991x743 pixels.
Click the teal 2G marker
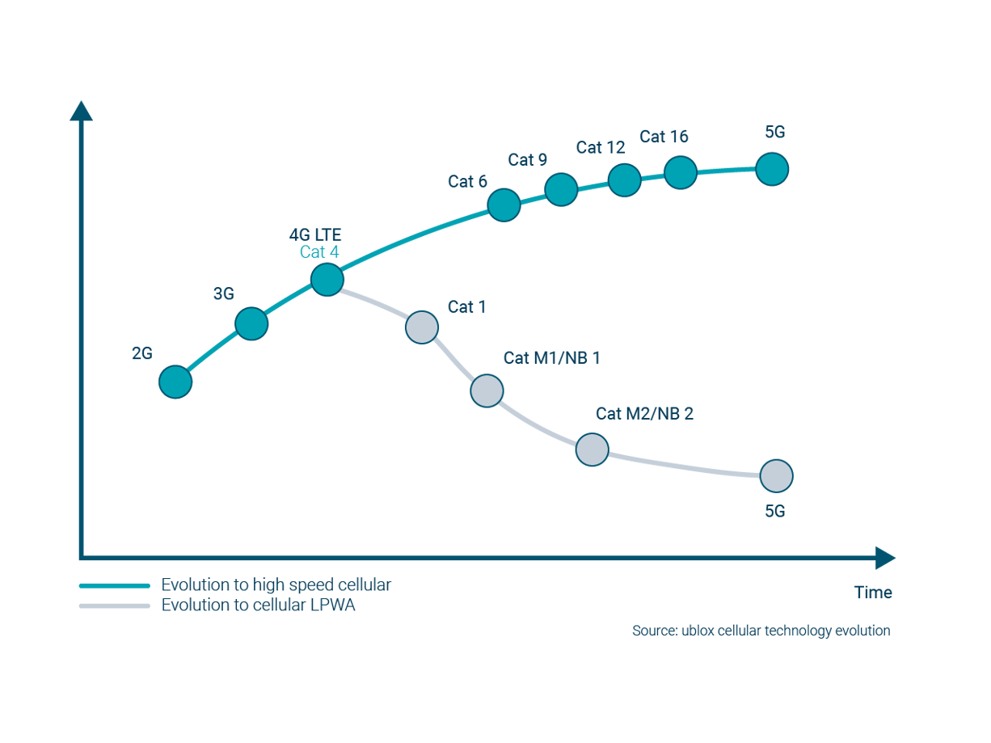click(x=175, y=382)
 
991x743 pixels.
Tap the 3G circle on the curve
click(x=251, y=324)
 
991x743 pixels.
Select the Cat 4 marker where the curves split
click(x=327, y=280)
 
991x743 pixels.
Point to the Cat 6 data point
click(x=504, y=205)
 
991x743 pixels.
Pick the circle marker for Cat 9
click(x=561, y=189)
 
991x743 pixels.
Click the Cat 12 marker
click(x=624, y=179)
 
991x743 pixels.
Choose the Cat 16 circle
click(x=681, y=172)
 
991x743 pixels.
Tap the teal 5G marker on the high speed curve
click(x=772, y=169)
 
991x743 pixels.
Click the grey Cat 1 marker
click(x=422, y=327)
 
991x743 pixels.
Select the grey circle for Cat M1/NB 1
click(x=487, y=390)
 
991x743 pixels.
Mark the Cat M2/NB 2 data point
click(x=592, y=449)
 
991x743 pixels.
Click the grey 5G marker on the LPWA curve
click(x=776, y=476)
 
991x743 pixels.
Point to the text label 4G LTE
click(x=316, y=235)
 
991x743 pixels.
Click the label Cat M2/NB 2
click(x=644, y=414)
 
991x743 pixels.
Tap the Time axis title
click(x=873, y=593)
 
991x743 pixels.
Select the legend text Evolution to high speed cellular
click(x=276, y=585)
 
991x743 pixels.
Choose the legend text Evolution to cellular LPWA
click(x=259, y=606)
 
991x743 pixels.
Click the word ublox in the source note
click(x=687, y=631)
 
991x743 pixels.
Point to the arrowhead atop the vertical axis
click(x=81, y=111)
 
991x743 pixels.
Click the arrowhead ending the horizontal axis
click(x=886, y=558)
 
